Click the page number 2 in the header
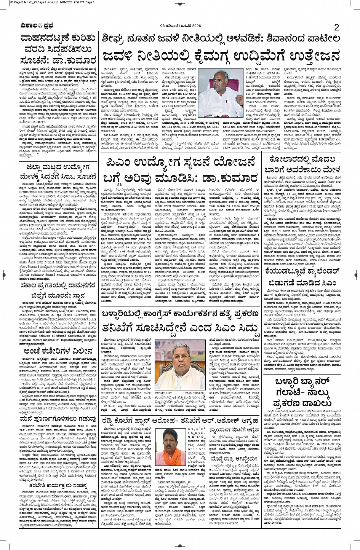point(336,27)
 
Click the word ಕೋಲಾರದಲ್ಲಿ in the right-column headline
point(291,160)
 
